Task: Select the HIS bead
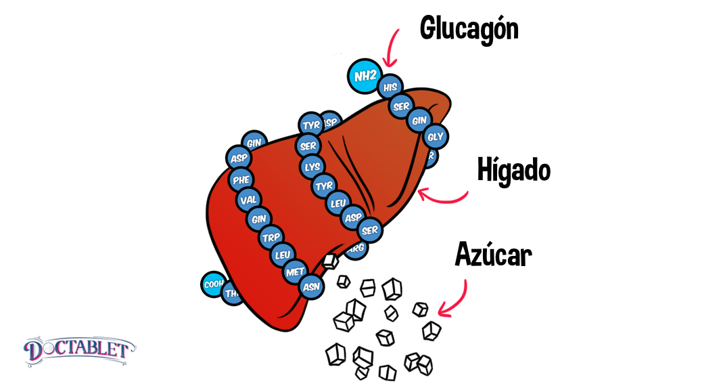coord(390,87)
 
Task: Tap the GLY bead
coord(435,137)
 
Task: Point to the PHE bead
coord(241,179)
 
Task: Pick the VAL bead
coord(248,200)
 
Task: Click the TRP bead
coord(271,237)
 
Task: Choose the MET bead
coord(296,272)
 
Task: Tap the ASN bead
coord(311,286)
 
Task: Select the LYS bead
coord(312,166)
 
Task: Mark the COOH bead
coord(214,284)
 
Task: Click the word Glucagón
coord(469,29)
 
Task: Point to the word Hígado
coord(513,170)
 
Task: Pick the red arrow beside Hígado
coord(443,195)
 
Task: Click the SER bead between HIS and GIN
coord(402,106)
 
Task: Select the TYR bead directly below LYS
coord(324,184)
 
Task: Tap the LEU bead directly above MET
coord(282,255)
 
